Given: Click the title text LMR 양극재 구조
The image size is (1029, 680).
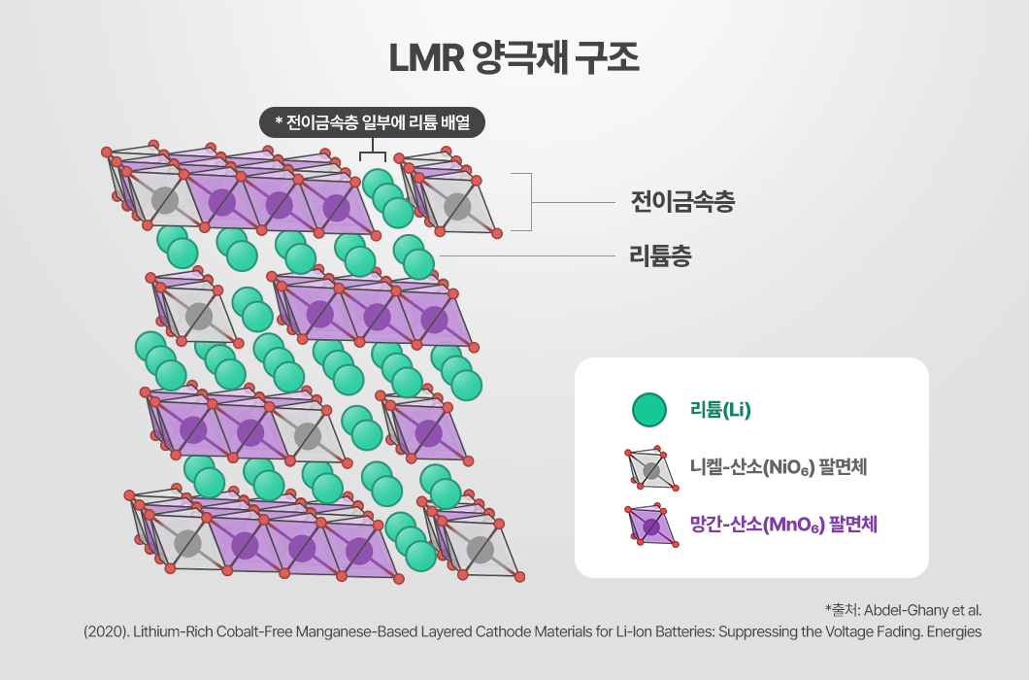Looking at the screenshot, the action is tap(514, 58).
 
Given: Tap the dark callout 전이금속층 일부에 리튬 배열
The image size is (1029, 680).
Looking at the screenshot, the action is tap(372, 122).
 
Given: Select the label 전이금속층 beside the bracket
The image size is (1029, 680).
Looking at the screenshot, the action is tap(682, 202).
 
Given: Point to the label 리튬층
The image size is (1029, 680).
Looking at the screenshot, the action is tap(660, 255).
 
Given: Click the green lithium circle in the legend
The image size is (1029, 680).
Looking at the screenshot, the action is tap(649, 409).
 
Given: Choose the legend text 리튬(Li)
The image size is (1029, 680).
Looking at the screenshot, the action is tap(720, 410).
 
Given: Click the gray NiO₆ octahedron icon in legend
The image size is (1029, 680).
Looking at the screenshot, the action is tap(651, 469).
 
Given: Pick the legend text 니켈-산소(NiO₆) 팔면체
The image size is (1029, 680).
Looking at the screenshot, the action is tap(779, 467).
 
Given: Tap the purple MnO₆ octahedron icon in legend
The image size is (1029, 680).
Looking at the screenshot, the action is tap(651, 526).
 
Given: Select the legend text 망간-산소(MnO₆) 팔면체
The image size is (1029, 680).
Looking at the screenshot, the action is tap(782, 525).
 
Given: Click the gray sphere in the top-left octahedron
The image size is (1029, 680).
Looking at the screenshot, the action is tap(165, 200).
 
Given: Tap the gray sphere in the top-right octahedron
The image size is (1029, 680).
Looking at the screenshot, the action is tap(457, 206).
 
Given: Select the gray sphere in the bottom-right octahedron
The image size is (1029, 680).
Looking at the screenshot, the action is tap(481, 550).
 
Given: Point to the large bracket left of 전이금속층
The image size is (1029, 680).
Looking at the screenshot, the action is tap(522, 202).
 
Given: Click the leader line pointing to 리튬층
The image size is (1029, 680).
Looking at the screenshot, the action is tap(527, 256).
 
